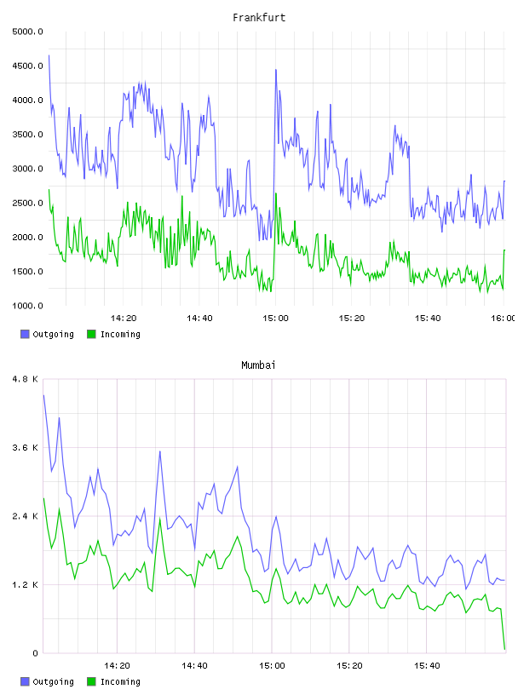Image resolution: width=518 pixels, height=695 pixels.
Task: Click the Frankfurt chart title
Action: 259,18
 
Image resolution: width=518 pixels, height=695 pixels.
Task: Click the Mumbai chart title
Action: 258,365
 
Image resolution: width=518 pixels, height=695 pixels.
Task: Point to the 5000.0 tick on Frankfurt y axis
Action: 27,32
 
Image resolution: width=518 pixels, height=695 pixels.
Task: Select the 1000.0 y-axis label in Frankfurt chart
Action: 27,306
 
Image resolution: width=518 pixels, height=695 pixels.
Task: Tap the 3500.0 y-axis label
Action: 27,135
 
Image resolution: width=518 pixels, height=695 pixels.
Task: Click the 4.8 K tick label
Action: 26,379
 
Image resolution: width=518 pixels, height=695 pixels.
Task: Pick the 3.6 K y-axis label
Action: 26,448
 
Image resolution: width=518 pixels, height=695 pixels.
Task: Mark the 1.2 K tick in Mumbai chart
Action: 26,584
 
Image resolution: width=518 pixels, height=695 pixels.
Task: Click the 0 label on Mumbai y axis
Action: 36,653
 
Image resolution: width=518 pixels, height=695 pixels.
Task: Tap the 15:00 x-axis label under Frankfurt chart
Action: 275,319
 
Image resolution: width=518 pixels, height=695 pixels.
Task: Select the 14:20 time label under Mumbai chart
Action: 117,666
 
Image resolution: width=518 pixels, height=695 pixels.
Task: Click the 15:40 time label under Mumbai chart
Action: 427,666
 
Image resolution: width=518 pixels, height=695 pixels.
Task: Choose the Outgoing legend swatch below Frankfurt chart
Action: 25,334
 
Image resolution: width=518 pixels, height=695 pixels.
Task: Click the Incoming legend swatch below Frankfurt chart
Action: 91,334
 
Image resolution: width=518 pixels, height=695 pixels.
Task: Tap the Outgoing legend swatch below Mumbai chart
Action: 25,681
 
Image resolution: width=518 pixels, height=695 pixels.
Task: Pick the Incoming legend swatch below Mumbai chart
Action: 91,681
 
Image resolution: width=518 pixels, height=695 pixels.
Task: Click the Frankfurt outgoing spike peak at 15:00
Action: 276,70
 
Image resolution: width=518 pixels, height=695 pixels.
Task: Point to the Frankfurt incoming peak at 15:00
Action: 276,193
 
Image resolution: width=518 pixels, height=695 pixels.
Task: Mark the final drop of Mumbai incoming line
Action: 503,629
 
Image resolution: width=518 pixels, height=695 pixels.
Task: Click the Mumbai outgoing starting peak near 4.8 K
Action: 43,395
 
